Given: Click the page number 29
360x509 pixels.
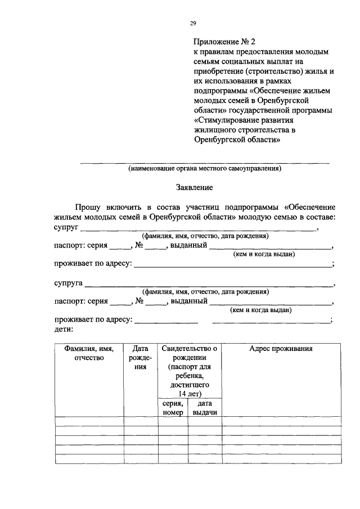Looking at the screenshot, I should click(192, 23).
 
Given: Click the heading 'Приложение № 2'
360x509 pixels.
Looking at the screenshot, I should click(224, 41).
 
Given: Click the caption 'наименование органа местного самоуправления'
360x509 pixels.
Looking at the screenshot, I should click(204, 168).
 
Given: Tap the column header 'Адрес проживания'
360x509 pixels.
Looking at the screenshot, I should click(281, 349).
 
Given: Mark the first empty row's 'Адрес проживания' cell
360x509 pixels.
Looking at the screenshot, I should click(281, 421).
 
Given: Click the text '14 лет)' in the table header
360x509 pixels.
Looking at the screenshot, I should click(189, 393).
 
